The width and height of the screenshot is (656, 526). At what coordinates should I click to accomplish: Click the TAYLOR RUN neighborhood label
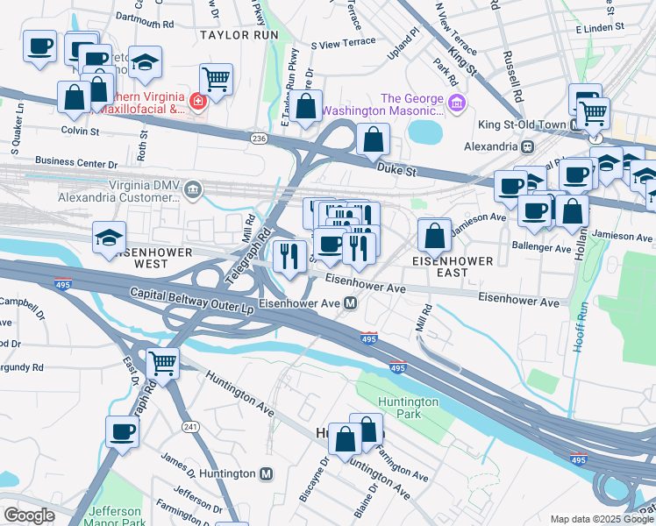point(239,35)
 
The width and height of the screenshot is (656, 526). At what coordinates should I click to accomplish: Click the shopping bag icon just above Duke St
point(374,139)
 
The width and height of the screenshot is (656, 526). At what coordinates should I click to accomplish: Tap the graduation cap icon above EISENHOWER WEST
point(110,238)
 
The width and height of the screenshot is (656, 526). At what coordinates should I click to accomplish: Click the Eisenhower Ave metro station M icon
point(350,303)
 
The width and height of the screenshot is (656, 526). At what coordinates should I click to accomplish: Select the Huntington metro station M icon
point(267,473)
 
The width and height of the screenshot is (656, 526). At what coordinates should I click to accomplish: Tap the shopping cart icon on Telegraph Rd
point(163,362)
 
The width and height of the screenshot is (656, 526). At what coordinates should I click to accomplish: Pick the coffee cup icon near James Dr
point(123,430)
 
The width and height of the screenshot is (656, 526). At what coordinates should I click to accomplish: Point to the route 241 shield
point(189,426)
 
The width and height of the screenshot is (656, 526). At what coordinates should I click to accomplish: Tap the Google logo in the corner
point(29,515)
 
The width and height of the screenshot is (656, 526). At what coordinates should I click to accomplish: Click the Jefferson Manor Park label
point(115,516)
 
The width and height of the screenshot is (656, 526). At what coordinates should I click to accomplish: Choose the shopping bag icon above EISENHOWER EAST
point(435,235)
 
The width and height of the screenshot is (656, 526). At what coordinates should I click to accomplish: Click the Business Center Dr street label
point(75,162)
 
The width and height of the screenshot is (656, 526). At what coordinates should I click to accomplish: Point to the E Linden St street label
point(599,27)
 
